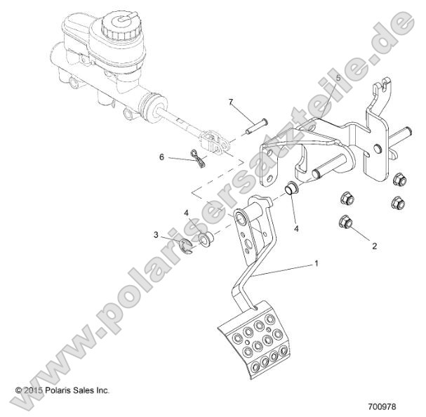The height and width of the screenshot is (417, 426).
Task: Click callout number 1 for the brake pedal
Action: coord(317,264)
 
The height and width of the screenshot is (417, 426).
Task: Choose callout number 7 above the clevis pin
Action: coord(229,102)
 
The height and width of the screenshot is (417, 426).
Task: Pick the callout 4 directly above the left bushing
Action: coord(186,212)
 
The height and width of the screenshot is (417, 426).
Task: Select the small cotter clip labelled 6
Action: coord(197,161)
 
